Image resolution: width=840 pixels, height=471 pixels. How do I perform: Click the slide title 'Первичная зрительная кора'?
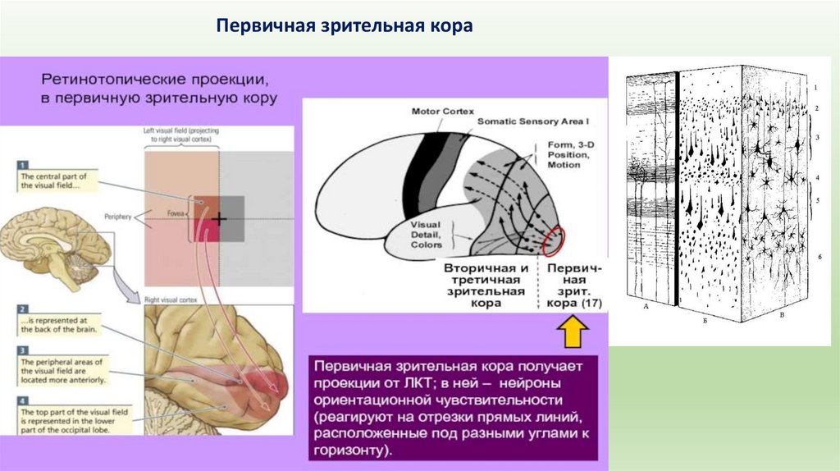tap(345, 26)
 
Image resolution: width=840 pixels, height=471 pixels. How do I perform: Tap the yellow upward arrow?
tap(572, 333)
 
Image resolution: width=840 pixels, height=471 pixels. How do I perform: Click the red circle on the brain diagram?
tap(554, 239)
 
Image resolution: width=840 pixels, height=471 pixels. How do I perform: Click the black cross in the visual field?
tap(219, 219)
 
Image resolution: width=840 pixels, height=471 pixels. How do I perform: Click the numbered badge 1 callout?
tap(23, 164)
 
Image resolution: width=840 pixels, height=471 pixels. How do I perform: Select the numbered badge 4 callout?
tap(23, 400)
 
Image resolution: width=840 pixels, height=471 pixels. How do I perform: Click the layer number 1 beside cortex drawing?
tap(815, 86)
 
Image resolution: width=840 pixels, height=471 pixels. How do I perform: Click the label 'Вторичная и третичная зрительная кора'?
tap(485, 285)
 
